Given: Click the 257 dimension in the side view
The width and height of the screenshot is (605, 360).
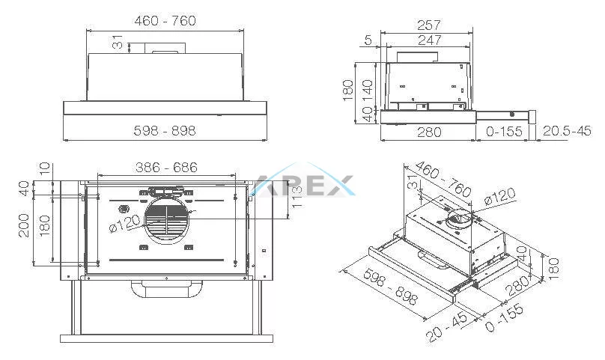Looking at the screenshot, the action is pyautogui.click(x=429, y=25).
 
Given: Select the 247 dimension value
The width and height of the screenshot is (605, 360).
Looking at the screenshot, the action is pyautogui.click(x=430, y=40).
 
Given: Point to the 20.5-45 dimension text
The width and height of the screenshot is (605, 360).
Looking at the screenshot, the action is pyautogui.click(x=567, y=131).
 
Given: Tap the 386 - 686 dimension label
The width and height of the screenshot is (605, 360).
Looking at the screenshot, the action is pyautogui.click(x=166, y=168).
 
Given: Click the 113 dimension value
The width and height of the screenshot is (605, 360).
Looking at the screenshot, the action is pyautogui.click(x=297, y=197).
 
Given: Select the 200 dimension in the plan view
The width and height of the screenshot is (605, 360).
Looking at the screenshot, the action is pyautogui.click(x=24, y=226).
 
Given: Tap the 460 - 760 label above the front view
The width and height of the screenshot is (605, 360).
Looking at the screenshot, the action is pyautogui.click(x=165, y=20).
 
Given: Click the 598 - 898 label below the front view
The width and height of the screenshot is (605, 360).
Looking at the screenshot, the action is pyautogui.click(x=165, y=131).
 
